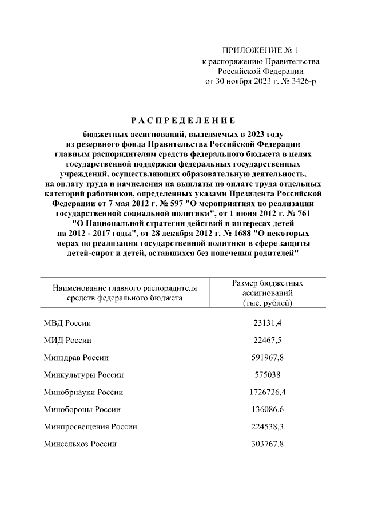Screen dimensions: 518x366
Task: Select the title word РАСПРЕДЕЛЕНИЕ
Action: coord(180,121)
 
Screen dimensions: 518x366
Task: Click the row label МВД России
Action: coord(67,323)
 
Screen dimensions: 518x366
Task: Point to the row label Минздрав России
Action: coord(77,358)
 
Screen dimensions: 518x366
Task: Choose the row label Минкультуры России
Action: coord(83,375)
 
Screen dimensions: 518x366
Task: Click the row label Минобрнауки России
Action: coord(83,393)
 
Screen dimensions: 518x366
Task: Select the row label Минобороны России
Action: coord(81,410)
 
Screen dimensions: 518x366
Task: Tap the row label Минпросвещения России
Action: coord(90,427)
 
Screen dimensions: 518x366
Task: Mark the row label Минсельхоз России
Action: coord(80,444)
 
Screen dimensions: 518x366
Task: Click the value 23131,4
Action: coord(268,323)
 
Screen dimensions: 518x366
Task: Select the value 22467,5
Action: coord(268,341)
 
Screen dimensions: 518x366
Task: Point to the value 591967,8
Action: coord(268,358)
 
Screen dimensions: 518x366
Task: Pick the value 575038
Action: coord(268,375)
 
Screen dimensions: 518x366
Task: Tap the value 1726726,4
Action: coord(268,393)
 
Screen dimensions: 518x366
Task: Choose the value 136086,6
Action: coord(268,410)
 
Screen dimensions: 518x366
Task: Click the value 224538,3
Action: coord(268,427)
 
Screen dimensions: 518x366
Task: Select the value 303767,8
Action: coord(268,444)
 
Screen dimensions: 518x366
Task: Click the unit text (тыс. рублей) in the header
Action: coord(268,302)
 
